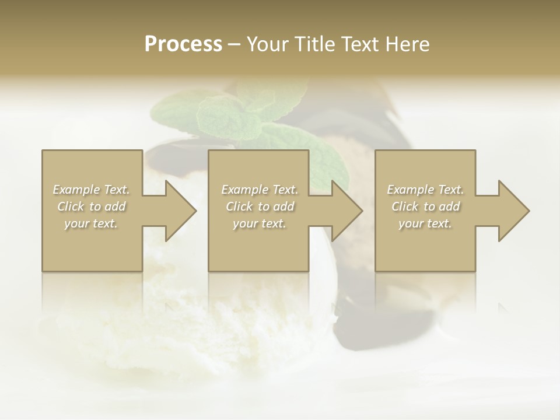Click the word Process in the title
(x=183, y=44)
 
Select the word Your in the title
(x=268, y=44)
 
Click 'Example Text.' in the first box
(x=92, y=190)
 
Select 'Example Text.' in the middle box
(x=260, y=190)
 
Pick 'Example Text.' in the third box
(x=425, y=190)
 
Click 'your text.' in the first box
(x=92, y=223)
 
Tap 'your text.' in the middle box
(x=260, y=223)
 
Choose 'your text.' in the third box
(x=425, y=223)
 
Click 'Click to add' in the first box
(x=92, y=206)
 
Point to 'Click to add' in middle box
(x=260, y=206)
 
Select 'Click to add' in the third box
(x=425, y=206)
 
